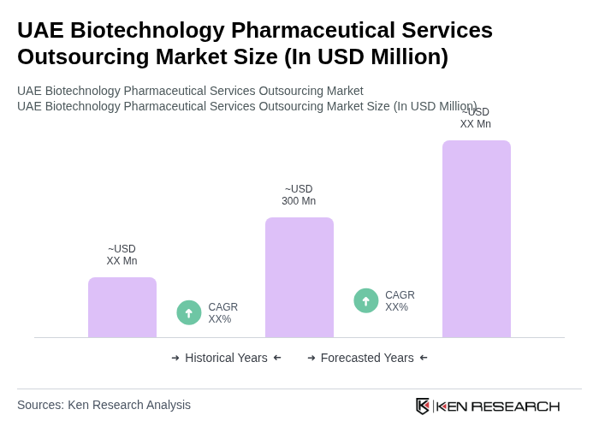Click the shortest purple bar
coord(122,307)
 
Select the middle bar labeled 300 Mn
coord(299,277)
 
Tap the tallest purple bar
coord(477,239)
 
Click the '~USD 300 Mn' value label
coord(299,195)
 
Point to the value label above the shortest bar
coord(122,255)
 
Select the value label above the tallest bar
coord(476,119)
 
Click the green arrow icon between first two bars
coord(189,313)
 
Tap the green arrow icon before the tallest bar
coord(366,301)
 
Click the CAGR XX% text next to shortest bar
coord(222,313)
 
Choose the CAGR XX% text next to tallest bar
coord(400,301)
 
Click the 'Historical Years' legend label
coord(226,358)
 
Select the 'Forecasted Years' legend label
coord(367,358)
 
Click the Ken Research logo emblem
coord(423,406)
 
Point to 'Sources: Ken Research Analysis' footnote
coord(104,405)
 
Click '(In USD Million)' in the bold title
coord(366,56)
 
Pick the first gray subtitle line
coord(190,91)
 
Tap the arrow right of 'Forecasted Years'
coord(424,358)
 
